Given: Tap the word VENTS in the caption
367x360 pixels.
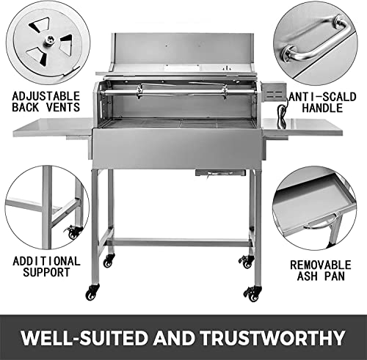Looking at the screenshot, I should tap(64, 107).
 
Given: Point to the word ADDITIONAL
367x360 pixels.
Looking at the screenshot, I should tap(46, 260).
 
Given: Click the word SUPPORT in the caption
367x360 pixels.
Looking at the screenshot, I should tap(46, 273).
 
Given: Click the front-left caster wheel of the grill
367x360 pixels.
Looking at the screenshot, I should tap(91, 293).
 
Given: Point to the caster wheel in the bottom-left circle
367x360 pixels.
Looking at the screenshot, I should tap(73, 232).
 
